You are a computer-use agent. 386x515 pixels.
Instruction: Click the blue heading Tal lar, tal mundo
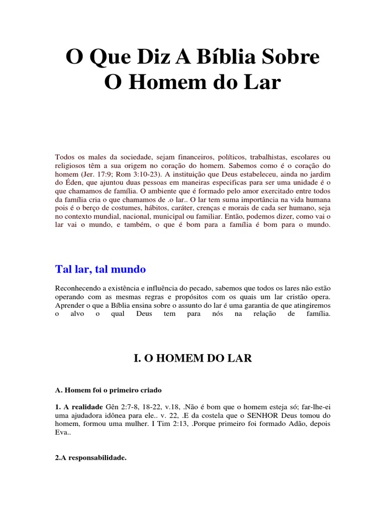[x=101, y=269]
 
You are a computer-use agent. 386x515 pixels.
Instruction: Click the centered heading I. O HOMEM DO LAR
[x=192, y=358]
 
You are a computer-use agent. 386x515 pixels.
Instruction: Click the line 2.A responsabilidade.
[x=91, y=458]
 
